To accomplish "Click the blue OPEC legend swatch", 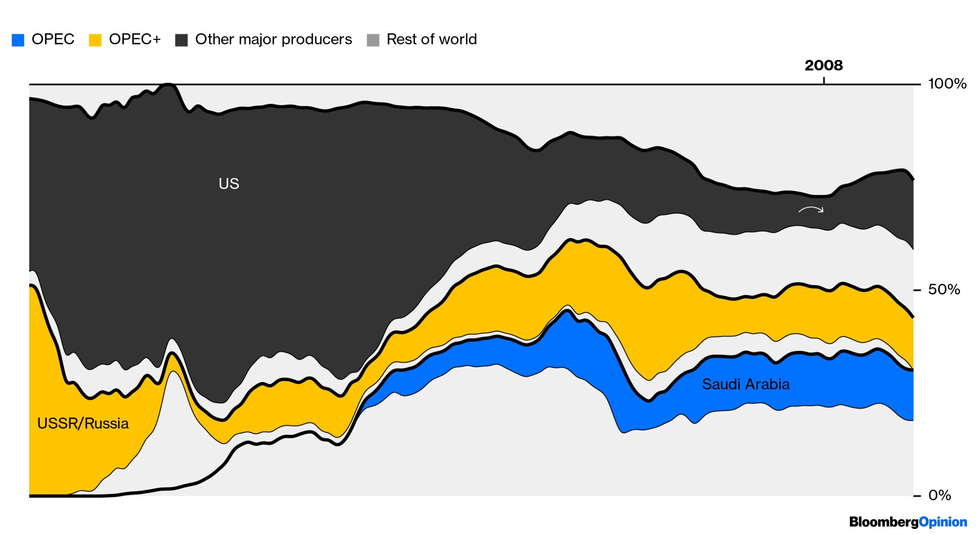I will click(18, 40).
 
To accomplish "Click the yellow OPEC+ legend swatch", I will click(95, 40).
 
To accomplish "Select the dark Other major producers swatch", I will click(181, 40).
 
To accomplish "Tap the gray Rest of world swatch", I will click(373, 40).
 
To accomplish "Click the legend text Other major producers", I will click(273, 39).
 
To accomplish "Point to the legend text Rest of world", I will click(431, 39).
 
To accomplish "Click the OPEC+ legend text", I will click(135, 39).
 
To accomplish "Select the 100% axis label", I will click(947, 84).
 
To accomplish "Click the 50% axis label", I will click(944, 289).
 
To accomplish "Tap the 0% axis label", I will click(939, 495).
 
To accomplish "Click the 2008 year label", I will click(823, 65).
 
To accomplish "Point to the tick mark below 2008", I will click(824, 80).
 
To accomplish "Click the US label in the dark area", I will click(229, 183).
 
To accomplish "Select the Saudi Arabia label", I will click(745, 384).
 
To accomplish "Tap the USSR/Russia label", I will click(83, 423).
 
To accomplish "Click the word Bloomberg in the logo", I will click(884, 522).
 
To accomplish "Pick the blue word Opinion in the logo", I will click(943, 522).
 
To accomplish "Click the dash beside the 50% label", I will click(917, 290).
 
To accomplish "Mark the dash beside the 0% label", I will click(917, 496).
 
